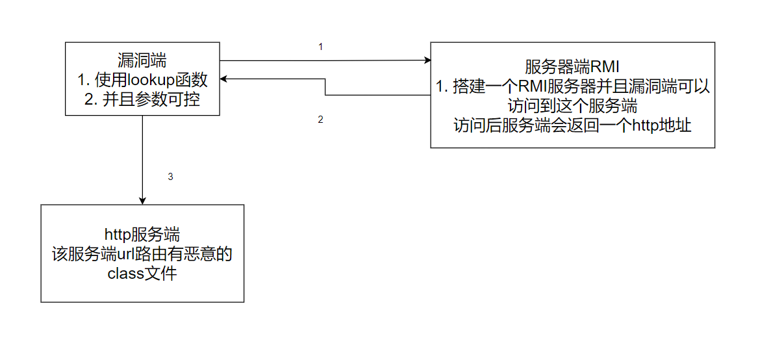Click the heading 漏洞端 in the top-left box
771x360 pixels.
click(x=142, y=60)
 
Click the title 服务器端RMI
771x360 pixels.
click(x=572, y=67)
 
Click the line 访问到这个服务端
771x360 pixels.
click(x=572, y=106)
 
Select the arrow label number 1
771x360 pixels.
click(x=320, y=47)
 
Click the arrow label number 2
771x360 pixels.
click(x=320, y=120)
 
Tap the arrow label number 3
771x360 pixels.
click(x=170, y=176)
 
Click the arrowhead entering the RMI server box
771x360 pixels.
click(x=427, y=60)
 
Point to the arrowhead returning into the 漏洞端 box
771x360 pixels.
click(x=223, y=79)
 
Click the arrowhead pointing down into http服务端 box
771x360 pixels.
click(x=142, y=201)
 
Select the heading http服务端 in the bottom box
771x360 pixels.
click(x=142, y=234)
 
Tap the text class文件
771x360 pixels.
click(x=142, y=274)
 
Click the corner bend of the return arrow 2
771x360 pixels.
click(x=325, y=95)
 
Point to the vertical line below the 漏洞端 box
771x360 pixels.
click(x=142, y=156)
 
